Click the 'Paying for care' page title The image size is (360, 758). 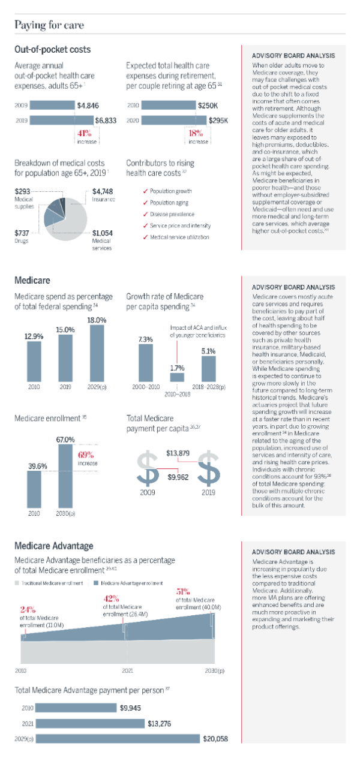(49, 25)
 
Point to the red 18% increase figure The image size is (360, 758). (196, 134)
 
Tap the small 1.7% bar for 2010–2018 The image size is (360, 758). (177, 378)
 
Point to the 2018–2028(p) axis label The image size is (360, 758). (208, 389)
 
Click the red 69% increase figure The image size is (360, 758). (88, 455)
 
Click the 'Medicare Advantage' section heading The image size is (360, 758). (53, 546)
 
